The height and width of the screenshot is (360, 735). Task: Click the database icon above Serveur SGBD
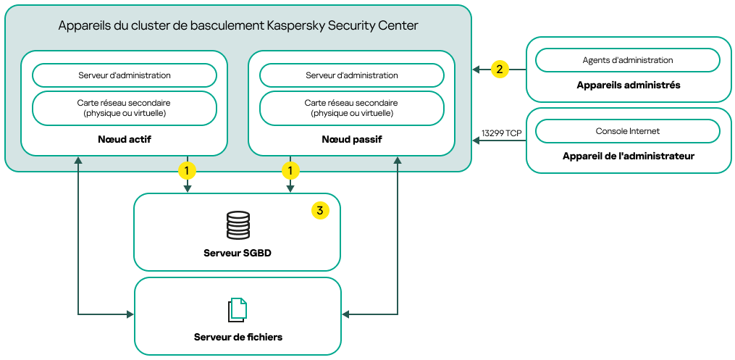point(238,225)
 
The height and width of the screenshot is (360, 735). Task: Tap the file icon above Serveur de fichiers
point(238,309)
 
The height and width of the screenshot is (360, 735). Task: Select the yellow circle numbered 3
point(319,210)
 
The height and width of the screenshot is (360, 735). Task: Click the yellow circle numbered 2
point(499,70)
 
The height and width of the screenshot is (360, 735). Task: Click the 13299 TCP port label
point(501,133)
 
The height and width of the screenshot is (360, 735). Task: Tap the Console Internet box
point(627,131)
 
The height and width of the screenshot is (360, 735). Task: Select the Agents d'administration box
point(627,60)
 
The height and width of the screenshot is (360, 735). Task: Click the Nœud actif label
point(124,138)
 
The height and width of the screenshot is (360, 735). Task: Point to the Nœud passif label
point(351,138)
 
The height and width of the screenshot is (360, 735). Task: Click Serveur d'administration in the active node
point(124,75)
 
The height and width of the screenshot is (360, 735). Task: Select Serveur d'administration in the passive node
point(351,75)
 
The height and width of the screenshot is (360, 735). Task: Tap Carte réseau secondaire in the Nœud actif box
point(124,108)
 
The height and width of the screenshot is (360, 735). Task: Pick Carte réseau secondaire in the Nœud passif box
point(351,108)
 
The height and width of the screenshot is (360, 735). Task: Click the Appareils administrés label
point(628,85)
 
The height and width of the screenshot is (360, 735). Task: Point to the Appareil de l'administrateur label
point(628,156)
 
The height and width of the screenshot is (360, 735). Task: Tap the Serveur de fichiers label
point(238,337)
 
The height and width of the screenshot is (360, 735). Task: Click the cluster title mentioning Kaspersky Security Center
point(238,26)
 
